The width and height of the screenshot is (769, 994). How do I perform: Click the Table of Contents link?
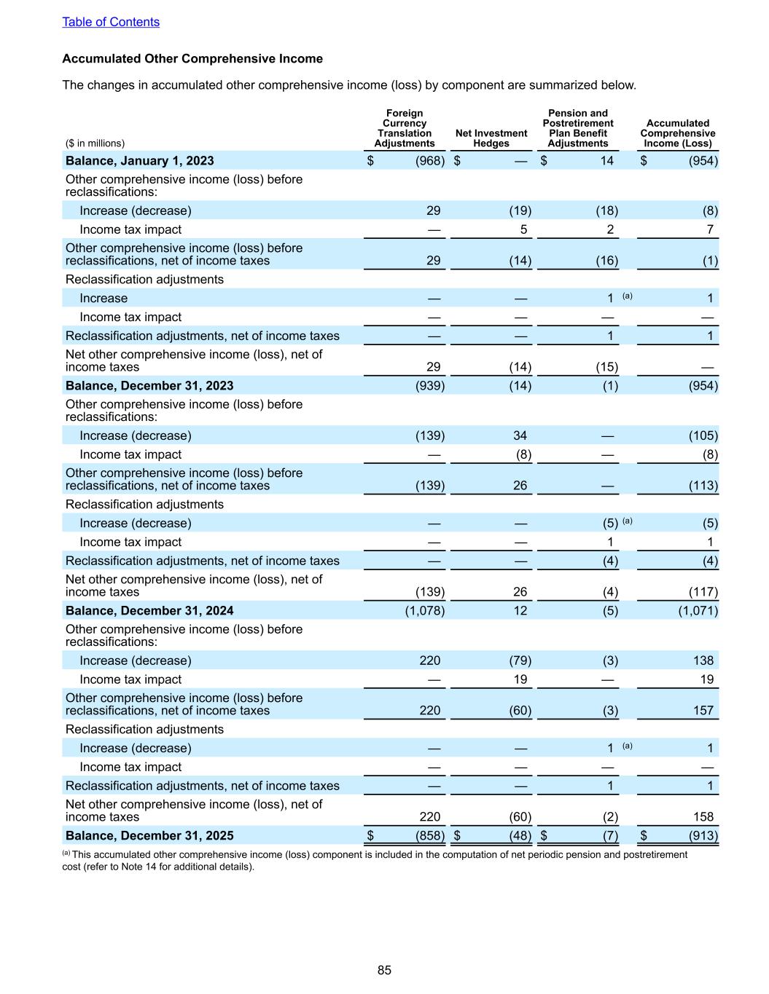click(x=111, y=22)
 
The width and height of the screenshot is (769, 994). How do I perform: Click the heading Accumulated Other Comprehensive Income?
click(x=192, y=58)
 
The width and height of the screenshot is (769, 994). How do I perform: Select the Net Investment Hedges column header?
click(x=491, y=138)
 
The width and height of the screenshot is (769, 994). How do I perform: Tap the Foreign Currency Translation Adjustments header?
click(x=405, y=128)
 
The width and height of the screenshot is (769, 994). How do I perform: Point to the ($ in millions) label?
click(x=95, y=143)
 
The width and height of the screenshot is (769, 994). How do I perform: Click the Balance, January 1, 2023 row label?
click(x=139, y=160)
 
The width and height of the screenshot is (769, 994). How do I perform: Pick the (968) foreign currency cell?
click(x=429, y=160)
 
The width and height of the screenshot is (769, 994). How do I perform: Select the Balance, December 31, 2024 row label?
click(x=149, y=610)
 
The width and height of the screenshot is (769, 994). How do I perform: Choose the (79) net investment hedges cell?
click(x=520, y=660)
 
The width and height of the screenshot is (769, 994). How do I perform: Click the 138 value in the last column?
click(x=703, y=660)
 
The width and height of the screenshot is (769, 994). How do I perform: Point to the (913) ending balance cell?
click(x=703, y=835)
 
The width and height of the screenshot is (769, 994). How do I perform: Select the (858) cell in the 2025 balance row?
click(x=429, y=835)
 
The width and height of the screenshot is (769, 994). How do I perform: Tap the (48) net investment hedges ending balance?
click(x=520, y=835)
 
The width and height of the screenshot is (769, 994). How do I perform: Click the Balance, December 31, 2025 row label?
click(x=149, y=835)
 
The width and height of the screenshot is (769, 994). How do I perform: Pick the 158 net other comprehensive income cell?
click(x=703, y=816)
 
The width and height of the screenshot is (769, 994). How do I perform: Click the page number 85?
click(x=384, y=970)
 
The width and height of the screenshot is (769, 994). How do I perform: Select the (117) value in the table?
click(x=703, y=592)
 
